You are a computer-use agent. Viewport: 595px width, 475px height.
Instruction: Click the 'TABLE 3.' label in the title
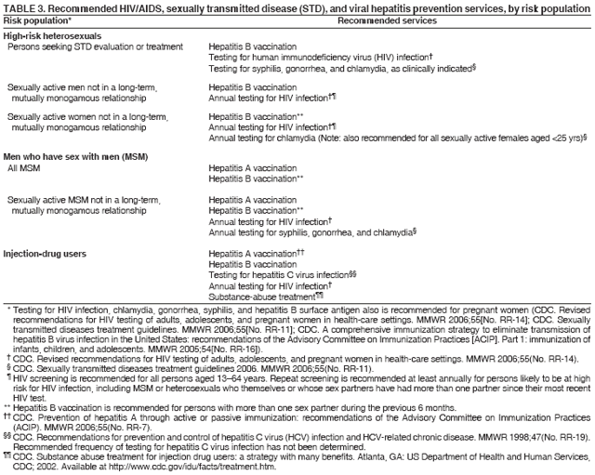[x=22, y=8]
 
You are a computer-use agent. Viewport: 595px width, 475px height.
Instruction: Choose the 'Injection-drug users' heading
[x=45, y=252]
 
